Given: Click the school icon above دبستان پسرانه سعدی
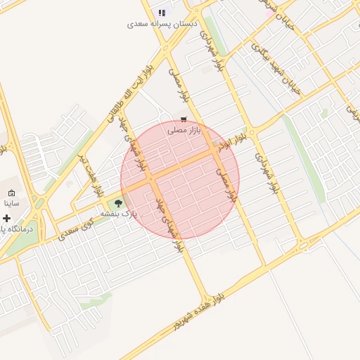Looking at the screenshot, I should point(162,13).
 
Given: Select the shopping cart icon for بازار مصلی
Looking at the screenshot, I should point(184,120).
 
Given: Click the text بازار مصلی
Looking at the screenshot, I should point(184,130).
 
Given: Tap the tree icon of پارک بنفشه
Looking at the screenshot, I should point(117,204).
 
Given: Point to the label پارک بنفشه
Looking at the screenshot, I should point(118,213).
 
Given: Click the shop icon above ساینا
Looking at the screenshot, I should point(11,193).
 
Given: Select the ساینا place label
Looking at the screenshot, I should point(11,202).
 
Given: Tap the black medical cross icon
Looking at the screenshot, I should point(7,219).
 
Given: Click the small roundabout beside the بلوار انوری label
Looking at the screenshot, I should point(252,131).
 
